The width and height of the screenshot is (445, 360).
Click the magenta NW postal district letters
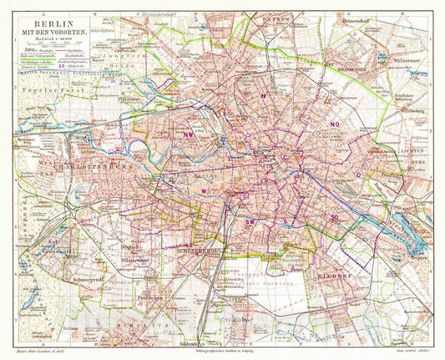click(x=189, y=133)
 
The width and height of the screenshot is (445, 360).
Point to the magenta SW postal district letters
click(x=250, y=222)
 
